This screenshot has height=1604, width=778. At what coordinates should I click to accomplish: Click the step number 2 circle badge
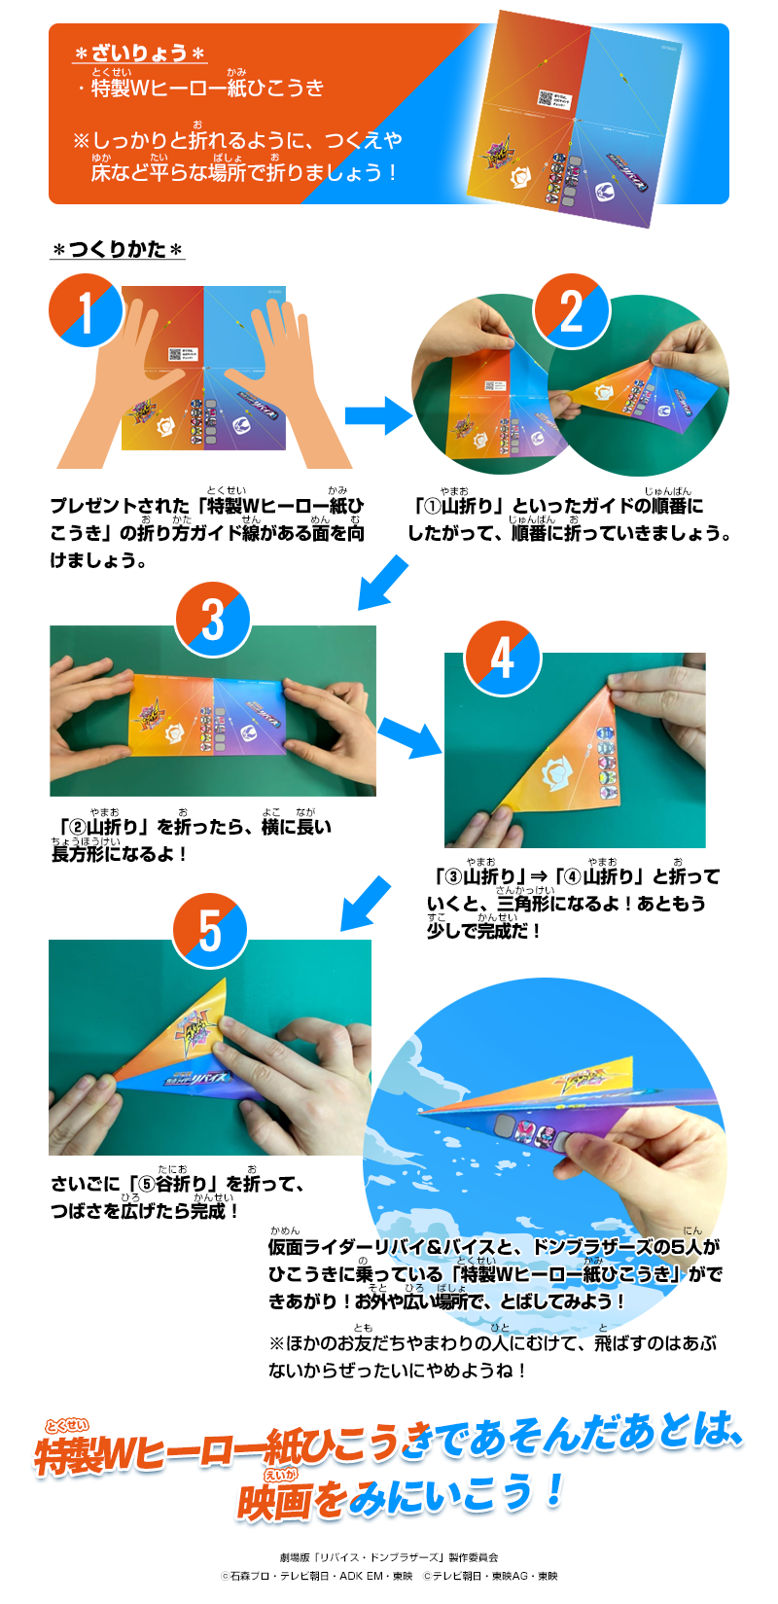pyautogui.click(x=572, y=311)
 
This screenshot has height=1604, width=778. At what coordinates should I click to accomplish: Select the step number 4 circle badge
pyautogui.click(x=502, y=658)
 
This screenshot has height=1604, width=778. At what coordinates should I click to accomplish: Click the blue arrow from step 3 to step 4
pyautogui.click(x=409, y=737)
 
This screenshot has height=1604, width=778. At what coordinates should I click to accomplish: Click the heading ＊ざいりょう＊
pyautogui.click(x=140, y=53)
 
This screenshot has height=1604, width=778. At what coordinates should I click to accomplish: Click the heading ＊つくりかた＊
pyautogui.click(x=118, y=250)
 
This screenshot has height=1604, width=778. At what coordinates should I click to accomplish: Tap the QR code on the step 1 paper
pyautogui.click(x=175, y=355)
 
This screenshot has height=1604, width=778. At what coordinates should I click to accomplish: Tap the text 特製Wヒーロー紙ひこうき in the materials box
pyautogui.click(x=207, y=89)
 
